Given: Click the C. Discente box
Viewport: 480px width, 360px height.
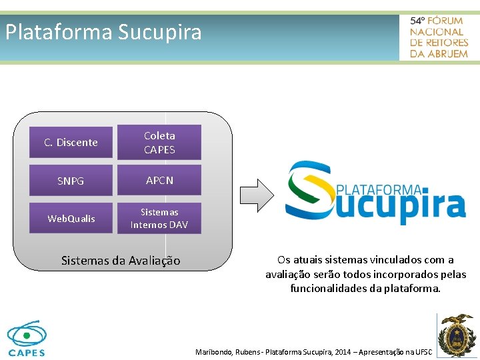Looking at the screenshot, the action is point(71,143).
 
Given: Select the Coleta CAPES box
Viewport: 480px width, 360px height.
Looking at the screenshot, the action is point(159,143).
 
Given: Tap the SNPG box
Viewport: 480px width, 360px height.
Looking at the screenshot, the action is point(71,181).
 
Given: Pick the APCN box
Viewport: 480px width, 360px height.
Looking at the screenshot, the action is point(159,180).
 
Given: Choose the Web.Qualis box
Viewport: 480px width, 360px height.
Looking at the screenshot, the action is point(71,219).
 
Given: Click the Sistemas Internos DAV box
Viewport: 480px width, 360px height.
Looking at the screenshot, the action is point(159,219).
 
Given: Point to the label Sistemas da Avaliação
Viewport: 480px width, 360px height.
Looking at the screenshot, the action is point(121,261).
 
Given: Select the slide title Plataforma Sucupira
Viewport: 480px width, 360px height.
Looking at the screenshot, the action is point(103,32).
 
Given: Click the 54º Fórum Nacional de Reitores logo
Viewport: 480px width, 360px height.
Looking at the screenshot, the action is point(439,37).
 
